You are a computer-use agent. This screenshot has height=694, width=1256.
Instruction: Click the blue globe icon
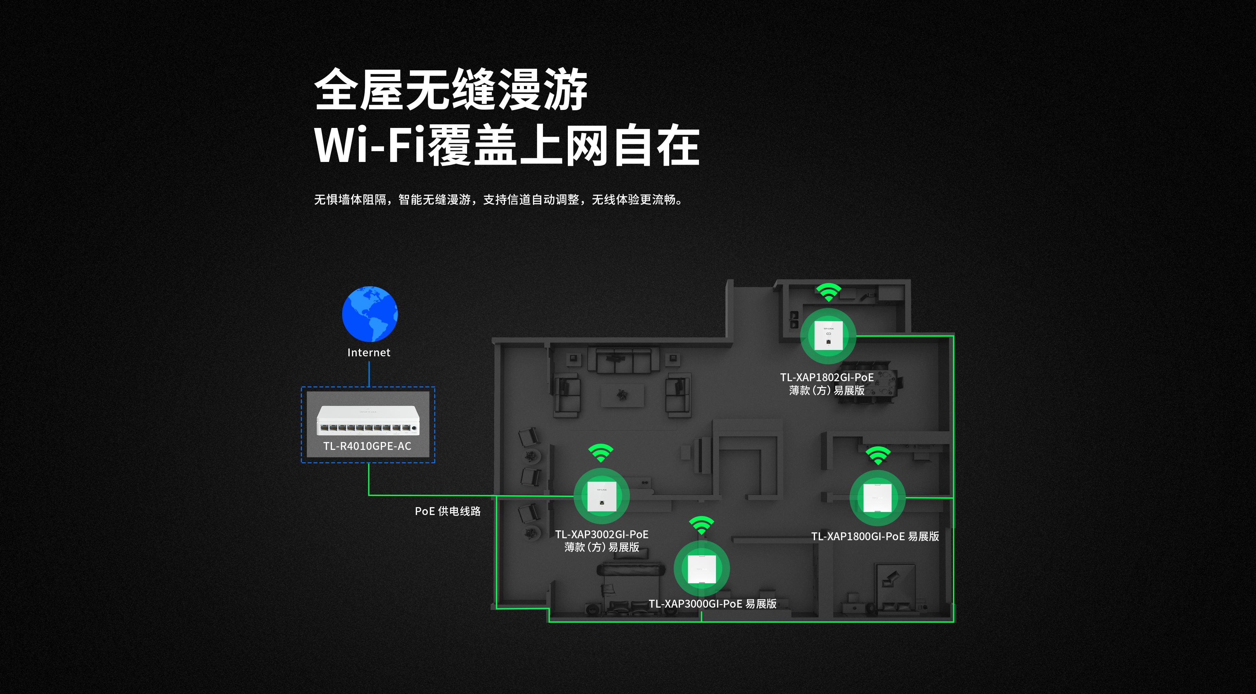(x=370, y=313)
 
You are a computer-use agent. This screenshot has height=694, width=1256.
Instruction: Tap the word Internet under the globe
(x=369, y=353)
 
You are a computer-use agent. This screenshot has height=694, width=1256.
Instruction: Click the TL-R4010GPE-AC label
(x=367, y=446)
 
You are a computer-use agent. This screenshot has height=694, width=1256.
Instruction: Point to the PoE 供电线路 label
(x=447, y=511)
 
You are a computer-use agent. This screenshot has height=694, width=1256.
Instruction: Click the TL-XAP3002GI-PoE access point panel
(x=602, y=496)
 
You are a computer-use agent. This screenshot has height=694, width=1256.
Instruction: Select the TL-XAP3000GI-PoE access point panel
(x=702, y=569)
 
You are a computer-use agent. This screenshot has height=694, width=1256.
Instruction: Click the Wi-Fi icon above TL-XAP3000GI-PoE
(x=702, y=525)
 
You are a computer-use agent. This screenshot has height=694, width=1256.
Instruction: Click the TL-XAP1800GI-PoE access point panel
(x=878, y=498)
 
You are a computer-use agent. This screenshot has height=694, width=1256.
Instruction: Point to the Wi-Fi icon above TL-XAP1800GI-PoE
(x=878, y=455)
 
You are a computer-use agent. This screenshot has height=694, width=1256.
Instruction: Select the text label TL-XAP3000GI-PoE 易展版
(x=712, y=604)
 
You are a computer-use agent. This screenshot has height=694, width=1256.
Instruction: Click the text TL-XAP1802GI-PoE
(x=827, y=378)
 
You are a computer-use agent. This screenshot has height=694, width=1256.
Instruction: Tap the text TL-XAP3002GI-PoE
(x=602, y=535)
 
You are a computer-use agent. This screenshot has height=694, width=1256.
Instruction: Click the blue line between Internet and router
(x=369, y=374)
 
